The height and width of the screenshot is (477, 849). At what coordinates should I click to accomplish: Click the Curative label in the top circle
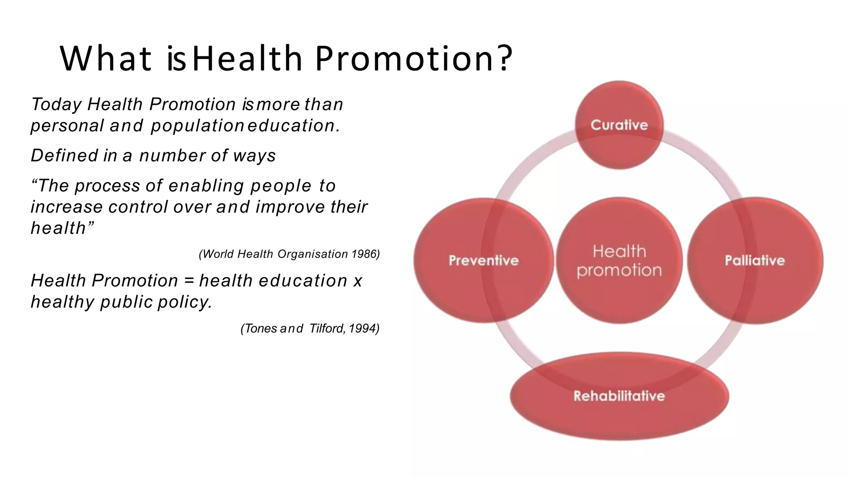click(x=619, y=125)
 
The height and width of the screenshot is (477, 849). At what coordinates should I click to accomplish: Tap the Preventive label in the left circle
click(x=483, y=260)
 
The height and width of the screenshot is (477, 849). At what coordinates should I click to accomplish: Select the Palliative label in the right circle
click(x=754, y=260)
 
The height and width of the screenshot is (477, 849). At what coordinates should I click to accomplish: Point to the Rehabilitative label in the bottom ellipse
click(x=619, y=396)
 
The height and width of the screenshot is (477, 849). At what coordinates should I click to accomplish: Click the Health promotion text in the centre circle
click(x=619, y=261)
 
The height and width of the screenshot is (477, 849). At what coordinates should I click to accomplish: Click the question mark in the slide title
click(x=505, y=59)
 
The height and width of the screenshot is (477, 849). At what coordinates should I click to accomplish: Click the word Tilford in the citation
click(x=327, y=328)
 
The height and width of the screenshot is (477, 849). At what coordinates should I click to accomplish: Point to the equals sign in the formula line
click(x=189, y=281)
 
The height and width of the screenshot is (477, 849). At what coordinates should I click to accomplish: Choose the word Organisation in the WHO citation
click(x=313, y=254)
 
